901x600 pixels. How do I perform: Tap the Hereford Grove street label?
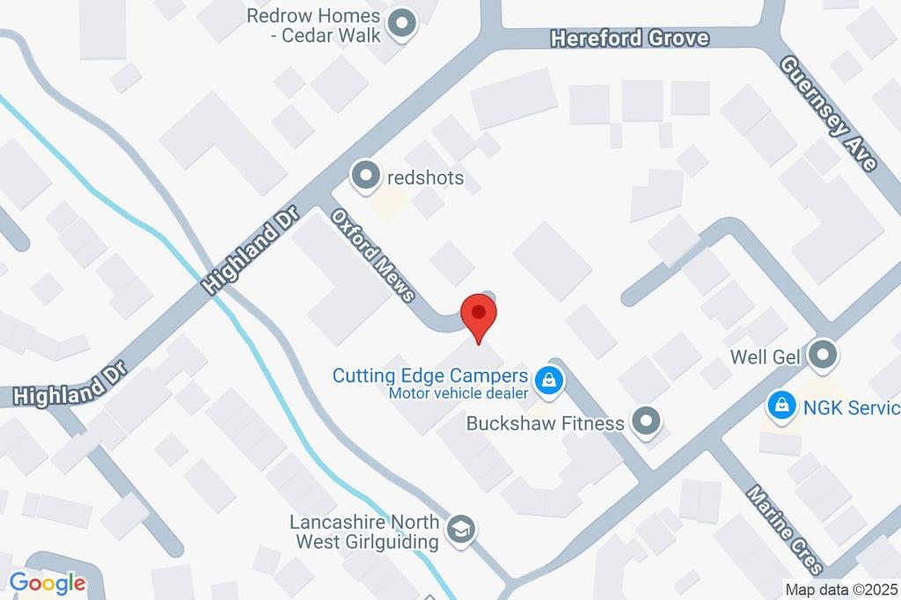[629, 39]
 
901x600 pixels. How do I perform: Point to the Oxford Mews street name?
[373, 254]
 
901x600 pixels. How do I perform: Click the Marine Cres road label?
[786, 527]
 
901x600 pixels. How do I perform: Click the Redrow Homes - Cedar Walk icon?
[402, 25]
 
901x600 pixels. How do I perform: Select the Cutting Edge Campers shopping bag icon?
[550, 381]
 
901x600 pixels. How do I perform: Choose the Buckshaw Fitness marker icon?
[647, 422]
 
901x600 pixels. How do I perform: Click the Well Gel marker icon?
[823, 356]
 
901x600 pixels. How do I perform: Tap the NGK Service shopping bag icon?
[780, 406]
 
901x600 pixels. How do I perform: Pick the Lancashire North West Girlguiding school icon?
[460, 530]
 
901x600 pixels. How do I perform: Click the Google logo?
[48, 582]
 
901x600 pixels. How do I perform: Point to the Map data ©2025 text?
[841, 590]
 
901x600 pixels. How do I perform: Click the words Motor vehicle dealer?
[458, 393]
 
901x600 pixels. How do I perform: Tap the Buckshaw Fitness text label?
[546, 423]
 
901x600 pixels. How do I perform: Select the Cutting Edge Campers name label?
[429, 376]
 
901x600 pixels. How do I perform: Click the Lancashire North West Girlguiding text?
[364, 531]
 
